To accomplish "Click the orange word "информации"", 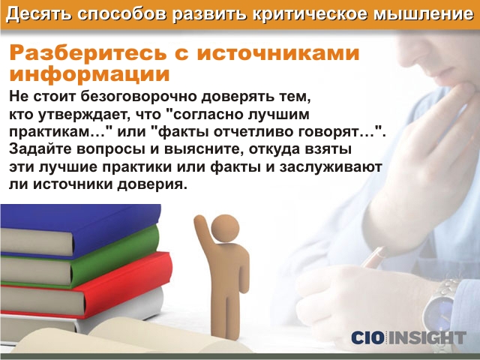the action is click(x=89, y=73).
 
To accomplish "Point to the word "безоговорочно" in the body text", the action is click(x=138, y=96).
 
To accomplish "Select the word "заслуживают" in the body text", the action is click(x=330, y=167).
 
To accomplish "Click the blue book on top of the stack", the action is click(x=80, y=230).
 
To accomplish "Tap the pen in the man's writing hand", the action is click(x=376, y=257).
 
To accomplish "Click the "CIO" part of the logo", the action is click(x=367, y=337).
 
